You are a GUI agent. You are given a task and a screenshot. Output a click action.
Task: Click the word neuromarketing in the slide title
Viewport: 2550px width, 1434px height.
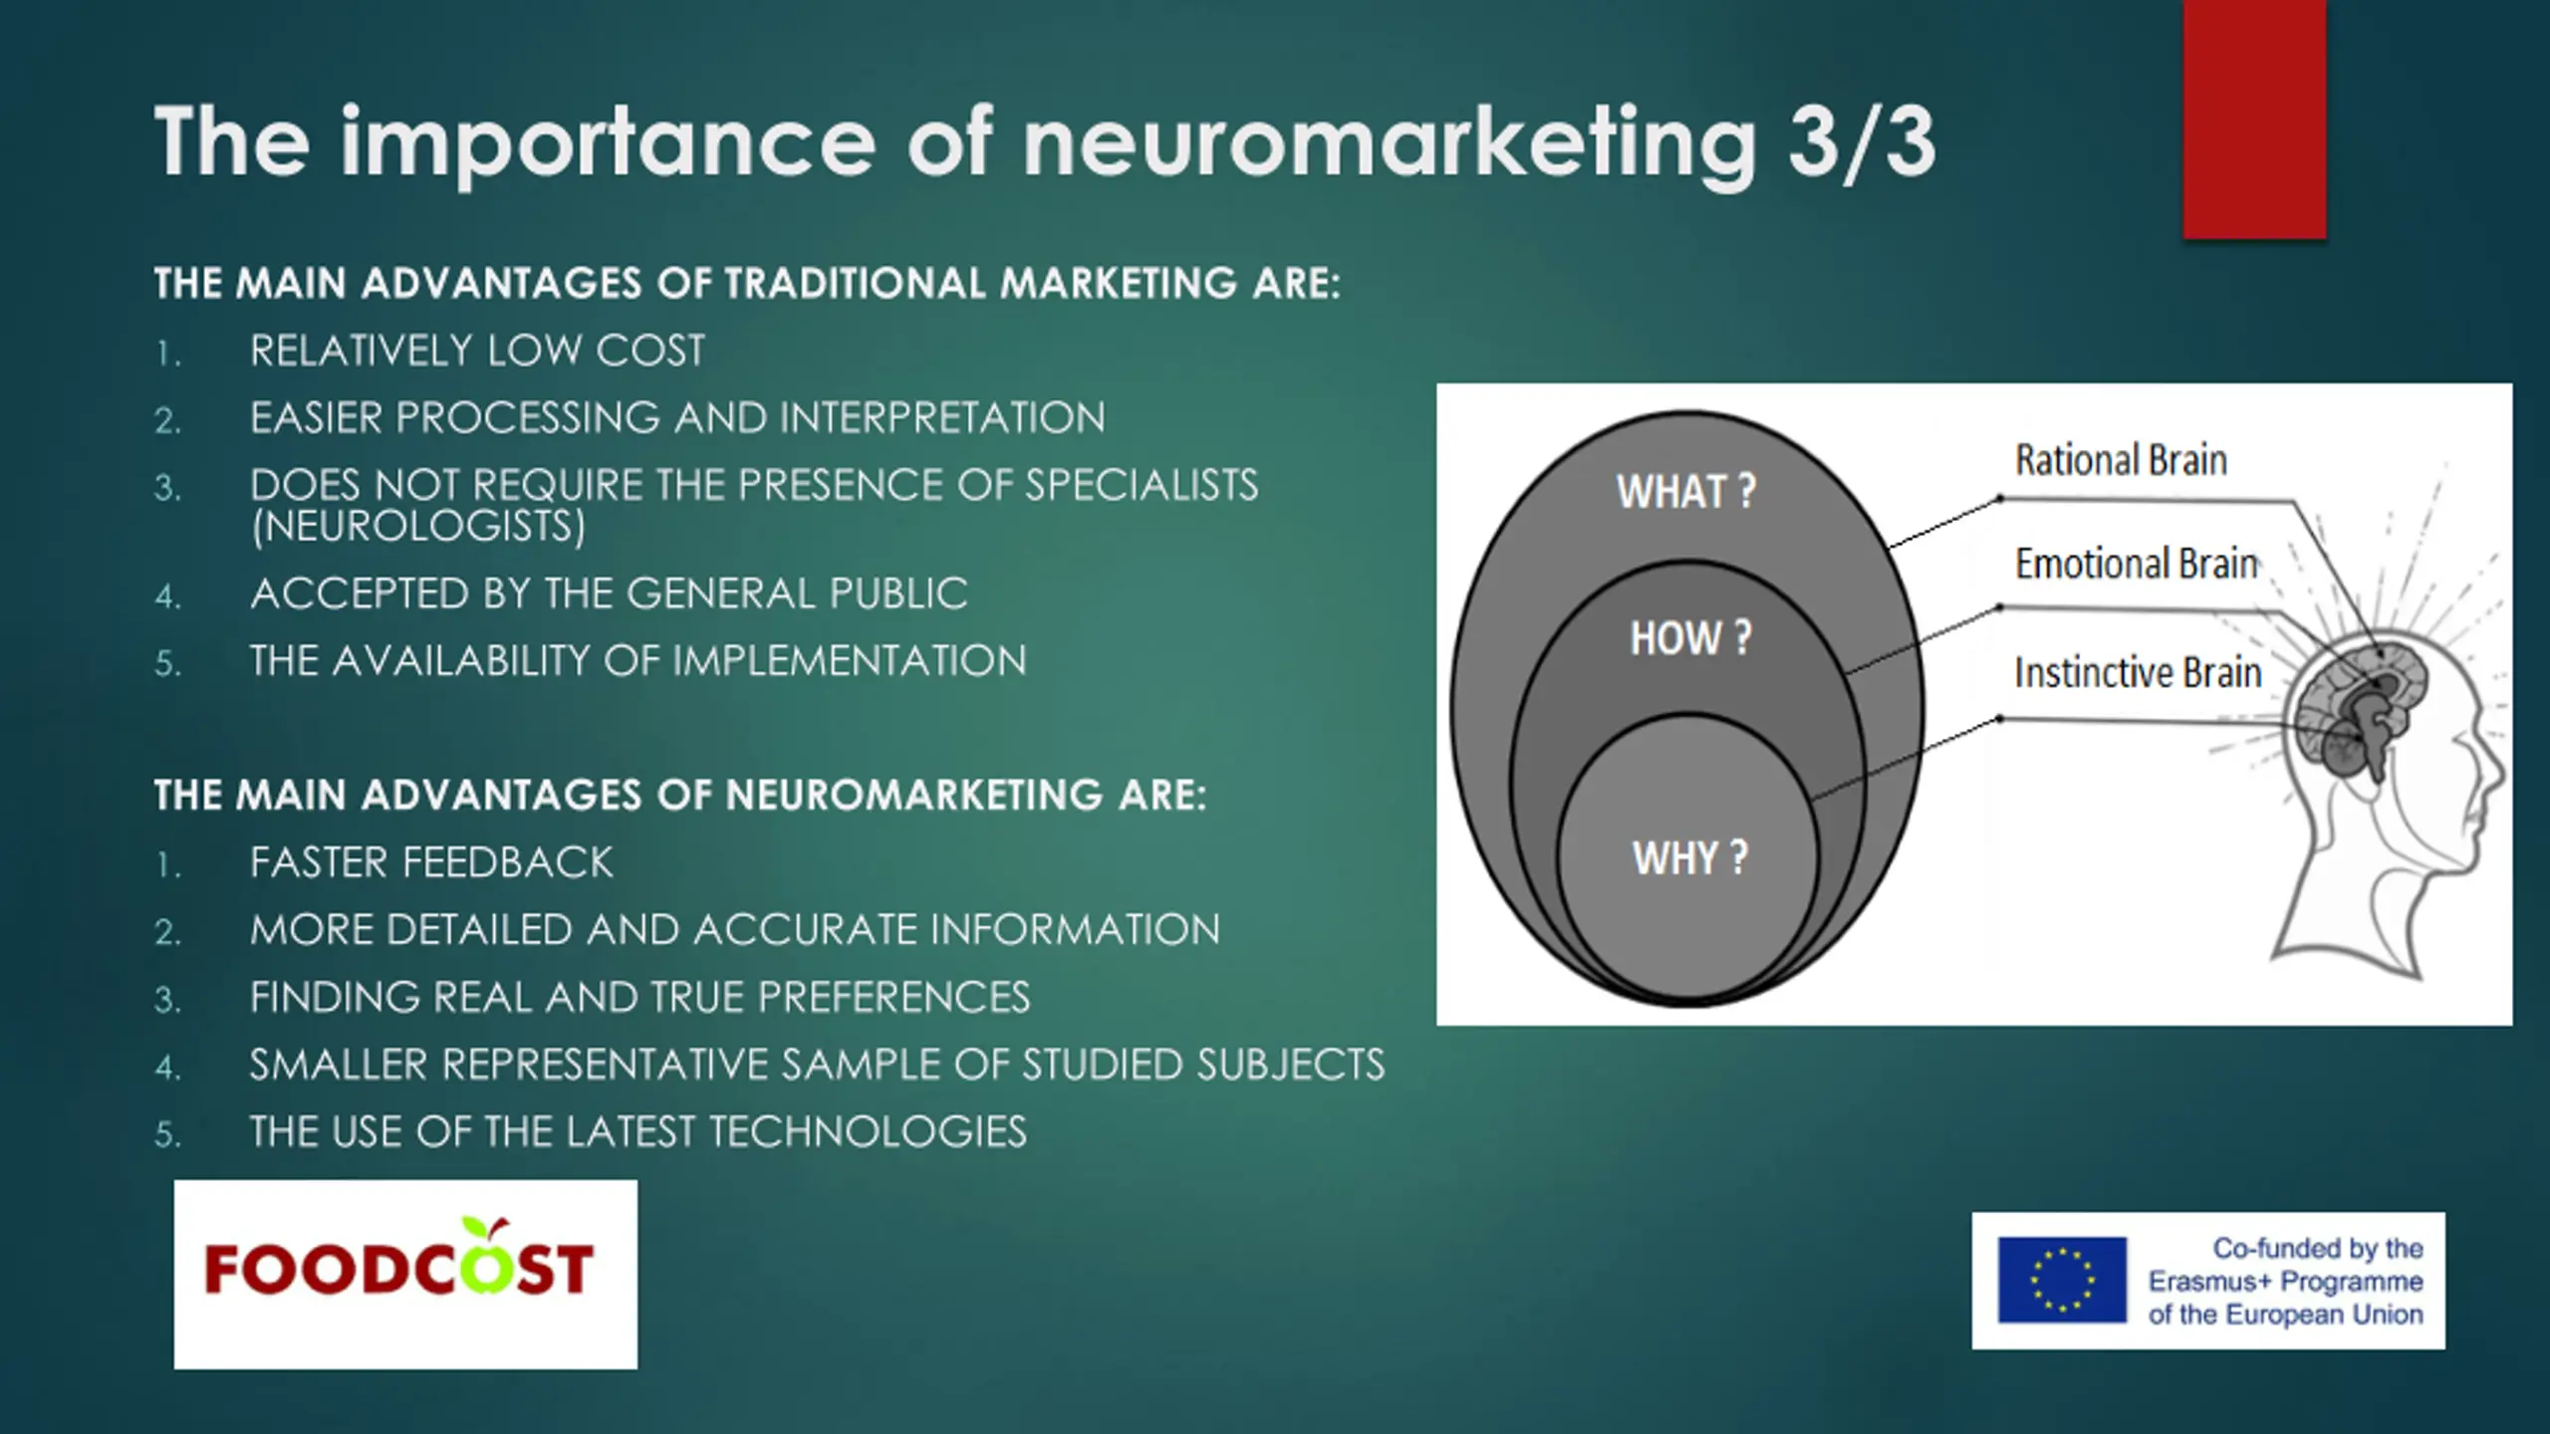pyautogui.click(x=1390, y=144)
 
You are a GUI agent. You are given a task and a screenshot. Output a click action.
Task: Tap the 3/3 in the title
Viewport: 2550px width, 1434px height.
pyautogui.click(x=1861, y=144)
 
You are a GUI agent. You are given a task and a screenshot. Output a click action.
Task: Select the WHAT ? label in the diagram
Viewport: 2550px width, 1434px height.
pyautogui.click(x=1685, y=492)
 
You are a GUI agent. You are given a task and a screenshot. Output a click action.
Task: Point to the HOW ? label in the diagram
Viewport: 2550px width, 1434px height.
pyautogui.click(x=1689, y=638)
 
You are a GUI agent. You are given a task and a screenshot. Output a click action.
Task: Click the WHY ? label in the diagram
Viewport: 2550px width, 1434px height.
pyautogui.click(x=1689, y=857)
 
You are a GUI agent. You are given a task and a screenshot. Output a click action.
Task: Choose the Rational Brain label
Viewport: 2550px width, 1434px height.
pyautogui.click(x=2121, y=460)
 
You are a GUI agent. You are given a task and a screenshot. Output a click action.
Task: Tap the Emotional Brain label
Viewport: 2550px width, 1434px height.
pyautogui.click(x=2136, y=564)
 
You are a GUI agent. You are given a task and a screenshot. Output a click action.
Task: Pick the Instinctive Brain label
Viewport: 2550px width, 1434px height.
pyautogui.click(x=2138, y=673)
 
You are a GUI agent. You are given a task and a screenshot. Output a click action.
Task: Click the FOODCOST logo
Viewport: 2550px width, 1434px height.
pyautogui.click(x=404, y=1273)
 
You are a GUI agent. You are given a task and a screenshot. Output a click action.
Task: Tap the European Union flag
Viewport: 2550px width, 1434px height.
pyautogui.click(x=2062, y=1280)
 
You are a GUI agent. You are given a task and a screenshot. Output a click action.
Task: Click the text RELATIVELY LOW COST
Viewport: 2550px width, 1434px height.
pyautogui.click(x=477, y=351)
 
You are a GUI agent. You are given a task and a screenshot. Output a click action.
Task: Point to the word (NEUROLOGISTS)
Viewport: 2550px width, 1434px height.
pyautogui.click(x=418, y=526)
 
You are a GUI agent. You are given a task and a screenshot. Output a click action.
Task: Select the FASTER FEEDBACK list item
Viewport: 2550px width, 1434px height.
pyautogui.click(x=431, y=862)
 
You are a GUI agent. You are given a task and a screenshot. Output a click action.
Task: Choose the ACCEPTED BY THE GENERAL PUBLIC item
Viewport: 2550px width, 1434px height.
pyautogui.click(x=609, y=594)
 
